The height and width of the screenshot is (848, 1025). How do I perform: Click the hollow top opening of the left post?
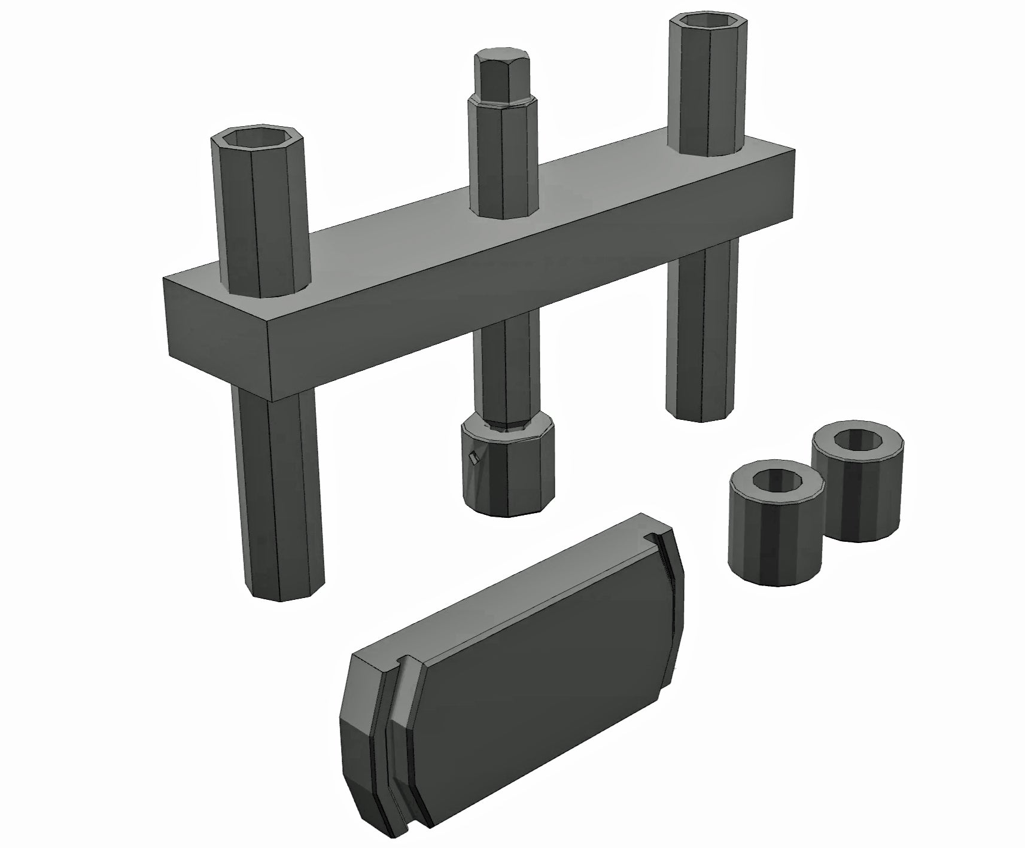click(257, 139)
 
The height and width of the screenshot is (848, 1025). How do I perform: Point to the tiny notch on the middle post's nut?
click(473, 459)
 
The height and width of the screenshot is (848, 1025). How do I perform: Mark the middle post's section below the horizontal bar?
click(506, 371)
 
